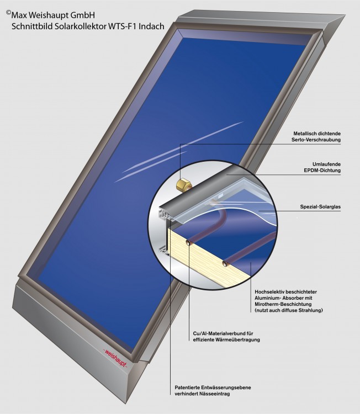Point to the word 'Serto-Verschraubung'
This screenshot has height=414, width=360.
pos(315,140)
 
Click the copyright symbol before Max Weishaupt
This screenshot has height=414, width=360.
pos(8,10)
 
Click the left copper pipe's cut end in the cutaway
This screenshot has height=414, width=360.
pos(189,242)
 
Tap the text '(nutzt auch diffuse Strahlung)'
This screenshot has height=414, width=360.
pos(289,311)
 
